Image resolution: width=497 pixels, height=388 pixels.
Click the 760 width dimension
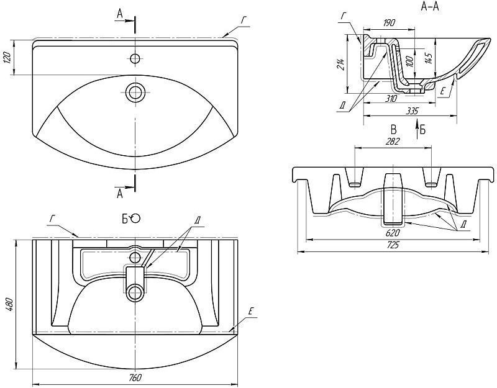[135, 377]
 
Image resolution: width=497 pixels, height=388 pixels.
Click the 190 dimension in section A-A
[390, 23]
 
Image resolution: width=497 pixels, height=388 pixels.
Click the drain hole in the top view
[135, 92]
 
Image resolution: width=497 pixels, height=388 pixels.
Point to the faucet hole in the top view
[135, 59]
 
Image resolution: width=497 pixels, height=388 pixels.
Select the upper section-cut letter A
[119, 13]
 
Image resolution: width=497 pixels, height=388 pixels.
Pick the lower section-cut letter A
[119, 193]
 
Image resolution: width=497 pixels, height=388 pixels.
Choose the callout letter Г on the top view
[244, 19]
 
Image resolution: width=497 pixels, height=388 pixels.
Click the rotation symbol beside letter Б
[136, 218]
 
